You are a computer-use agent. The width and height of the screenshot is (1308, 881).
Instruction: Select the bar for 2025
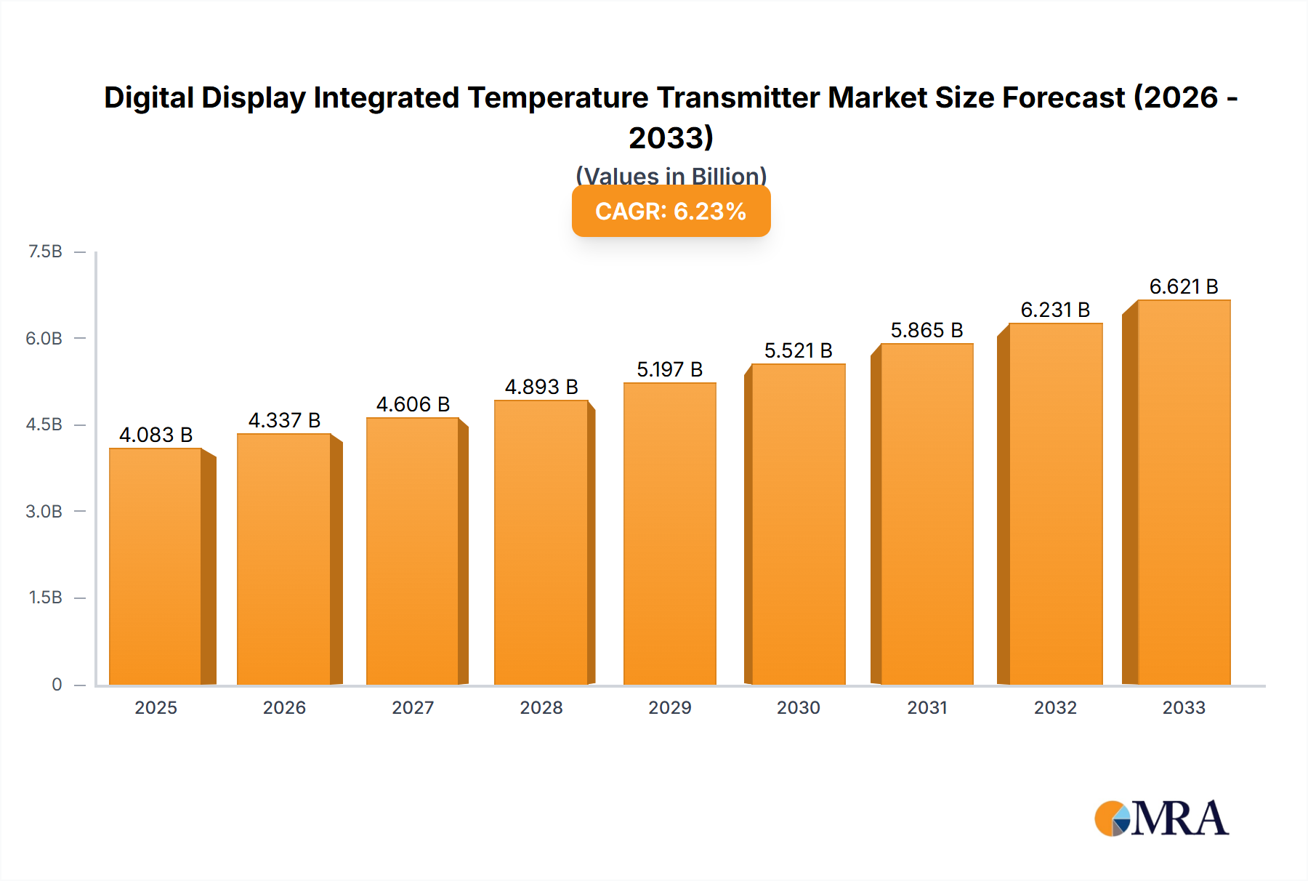[156, 567]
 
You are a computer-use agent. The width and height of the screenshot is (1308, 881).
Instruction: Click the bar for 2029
[669, 534]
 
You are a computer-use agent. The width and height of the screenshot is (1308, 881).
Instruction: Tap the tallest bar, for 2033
[1183, 493]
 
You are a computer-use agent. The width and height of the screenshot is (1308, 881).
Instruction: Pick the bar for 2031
[926, 515]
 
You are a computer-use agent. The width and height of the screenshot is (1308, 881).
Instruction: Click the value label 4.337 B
[284, 420]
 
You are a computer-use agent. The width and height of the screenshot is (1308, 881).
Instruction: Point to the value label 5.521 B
[798, 350]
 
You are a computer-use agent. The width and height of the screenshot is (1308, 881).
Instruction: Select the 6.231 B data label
[1055, 310]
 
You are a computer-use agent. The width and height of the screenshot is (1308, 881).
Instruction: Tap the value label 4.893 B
[541, 387]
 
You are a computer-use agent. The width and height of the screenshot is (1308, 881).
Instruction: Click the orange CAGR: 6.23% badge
[671, 212]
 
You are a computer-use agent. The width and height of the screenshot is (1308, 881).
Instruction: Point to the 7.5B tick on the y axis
[45, 252]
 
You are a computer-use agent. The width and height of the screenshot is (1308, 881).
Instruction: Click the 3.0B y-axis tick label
[44, 511]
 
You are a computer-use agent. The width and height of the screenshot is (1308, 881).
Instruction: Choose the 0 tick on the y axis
[57, 684]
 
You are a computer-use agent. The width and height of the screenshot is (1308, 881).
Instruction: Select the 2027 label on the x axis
[413, 707]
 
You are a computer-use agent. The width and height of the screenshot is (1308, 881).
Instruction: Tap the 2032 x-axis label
[1055, 707]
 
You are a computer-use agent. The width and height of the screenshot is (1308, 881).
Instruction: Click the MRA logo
[1161, 818]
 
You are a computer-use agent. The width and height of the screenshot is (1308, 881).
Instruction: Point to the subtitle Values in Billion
[671, 176]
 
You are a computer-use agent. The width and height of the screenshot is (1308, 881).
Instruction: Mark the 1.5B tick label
[45, 598]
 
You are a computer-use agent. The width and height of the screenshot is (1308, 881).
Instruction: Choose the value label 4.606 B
[413, 404]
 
